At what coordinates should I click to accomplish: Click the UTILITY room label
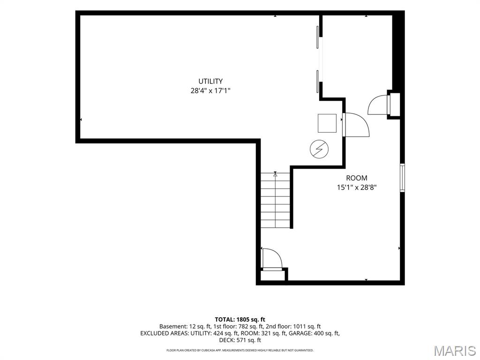210,81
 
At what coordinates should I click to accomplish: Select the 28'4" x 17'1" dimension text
210,90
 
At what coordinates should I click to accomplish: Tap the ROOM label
357,178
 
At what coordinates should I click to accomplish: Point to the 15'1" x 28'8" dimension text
357,187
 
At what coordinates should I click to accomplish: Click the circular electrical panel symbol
319,150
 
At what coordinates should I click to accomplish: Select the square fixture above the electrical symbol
327,123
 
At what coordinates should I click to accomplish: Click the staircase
275,200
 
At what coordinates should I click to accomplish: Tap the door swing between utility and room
357,124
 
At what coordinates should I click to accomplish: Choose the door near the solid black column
380,105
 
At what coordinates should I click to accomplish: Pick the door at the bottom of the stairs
272,259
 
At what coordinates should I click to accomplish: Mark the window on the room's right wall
403,178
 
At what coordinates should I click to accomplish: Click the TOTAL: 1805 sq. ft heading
240,320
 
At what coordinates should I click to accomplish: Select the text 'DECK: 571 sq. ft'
240,340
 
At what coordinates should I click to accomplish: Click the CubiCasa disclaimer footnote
240,350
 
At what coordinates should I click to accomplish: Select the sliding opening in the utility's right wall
319,59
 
